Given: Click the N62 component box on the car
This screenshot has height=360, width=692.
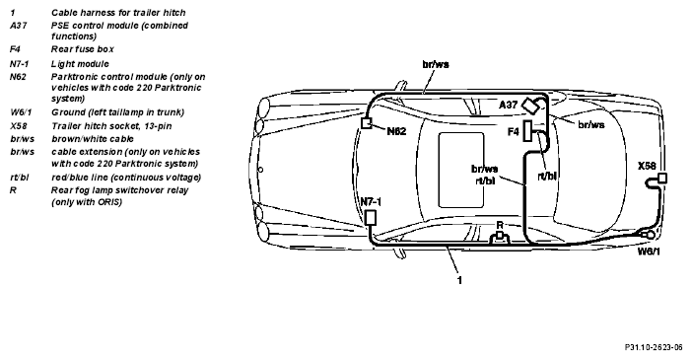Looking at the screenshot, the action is [x=367, y=123].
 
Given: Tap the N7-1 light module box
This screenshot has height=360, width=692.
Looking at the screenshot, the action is [x=371, y=217].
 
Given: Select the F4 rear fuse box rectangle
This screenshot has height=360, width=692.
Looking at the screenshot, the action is [x=527, y=131].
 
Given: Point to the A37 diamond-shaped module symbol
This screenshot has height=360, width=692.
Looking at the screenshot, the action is [x=529, y=106].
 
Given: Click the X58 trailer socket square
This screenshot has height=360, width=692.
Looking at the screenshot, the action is [x=662, y=179].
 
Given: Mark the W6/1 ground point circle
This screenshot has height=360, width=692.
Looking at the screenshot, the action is [x=650, y=235].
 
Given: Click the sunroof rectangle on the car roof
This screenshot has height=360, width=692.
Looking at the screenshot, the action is [x=461, y=170].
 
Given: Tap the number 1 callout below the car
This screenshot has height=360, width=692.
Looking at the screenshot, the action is [x=459, y=280].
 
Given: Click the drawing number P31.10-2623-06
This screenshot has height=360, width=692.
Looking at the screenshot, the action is [x=654, y=347].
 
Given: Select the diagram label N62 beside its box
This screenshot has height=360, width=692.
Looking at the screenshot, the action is [x=396, y=131].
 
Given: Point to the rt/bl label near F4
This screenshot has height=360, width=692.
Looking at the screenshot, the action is [x=547, y=176].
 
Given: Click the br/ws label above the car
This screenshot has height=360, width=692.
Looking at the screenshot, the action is [x=436, y=64].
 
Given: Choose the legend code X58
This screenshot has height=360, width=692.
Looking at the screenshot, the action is [x=19, y=126].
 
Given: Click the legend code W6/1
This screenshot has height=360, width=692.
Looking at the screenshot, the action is [x=21, y=112].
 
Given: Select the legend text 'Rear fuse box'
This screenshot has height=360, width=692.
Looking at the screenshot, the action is [x=83, y=49].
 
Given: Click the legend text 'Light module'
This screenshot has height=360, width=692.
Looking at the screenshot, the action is [x=80, y=64].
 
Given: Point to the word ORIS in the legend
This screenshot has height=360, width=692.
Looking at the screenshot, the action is [x=109, y=202].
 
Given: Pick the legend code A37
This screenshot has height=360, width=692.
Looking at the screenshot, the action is [x=18, y=26].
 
